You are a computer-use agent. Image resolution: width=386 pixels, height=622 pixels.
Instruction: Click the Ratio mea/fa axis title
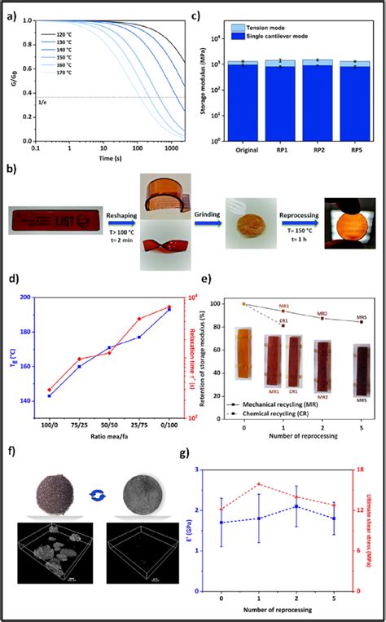112,440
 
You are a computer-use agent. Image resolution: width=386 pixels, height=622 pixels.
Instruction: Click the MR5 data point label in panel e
361,315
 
